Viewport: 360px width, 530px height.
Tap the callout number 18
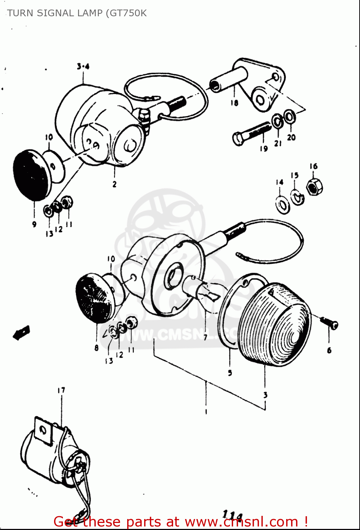tap(234, 103)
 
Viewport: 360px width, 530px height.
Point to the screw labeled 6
tap(329, 322)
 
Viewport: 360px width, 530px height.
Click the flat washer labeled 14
tap(283, 205)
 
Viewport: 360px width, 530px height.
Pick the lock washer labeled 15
tap(297, 197)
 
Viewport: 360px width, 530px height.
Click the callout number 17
tap(61, 390)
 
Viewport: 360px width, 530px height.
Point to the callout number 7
tap(205, 337)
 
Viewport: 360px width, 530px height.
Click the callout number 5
tap(230, 373)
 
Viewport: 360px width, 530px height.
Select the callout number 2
tap(114, 184)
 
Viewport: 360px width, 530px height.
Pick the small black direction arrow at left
tap(21, 332)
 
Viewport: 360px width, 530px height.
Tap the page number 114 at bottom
tap(232, 515)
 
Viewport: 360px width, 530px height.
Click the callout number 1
tap(206, 411)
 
